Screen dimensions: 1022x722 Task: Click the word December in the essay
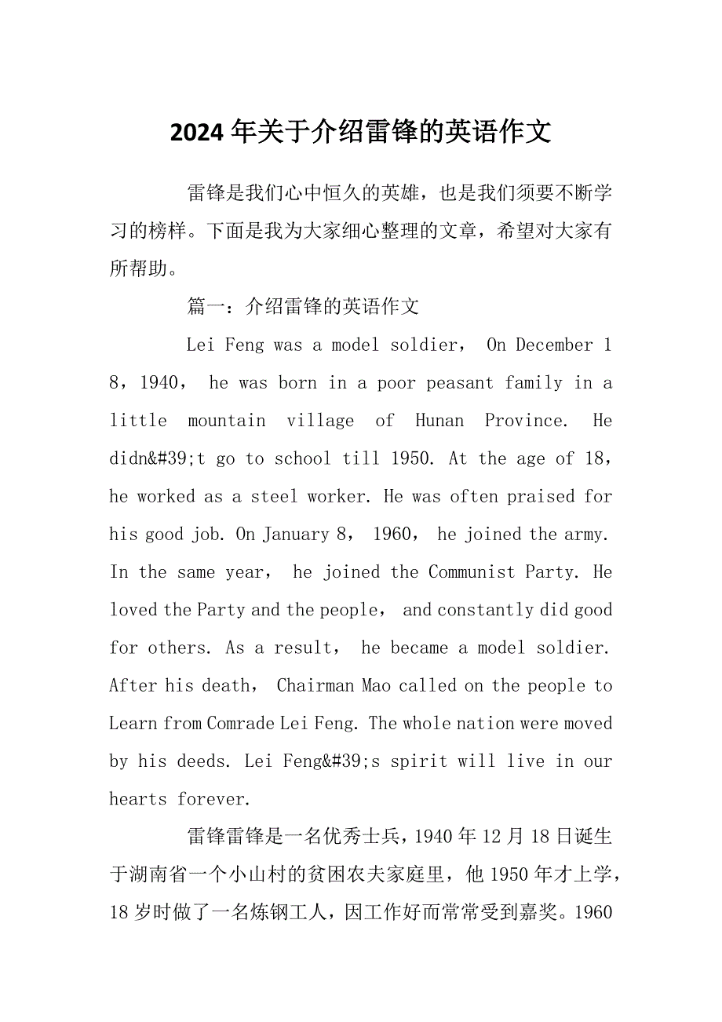pyautogui.click(x=554, y=345)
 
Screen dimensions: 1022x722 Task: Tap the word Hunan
pyautogui.click(x=439, y=420)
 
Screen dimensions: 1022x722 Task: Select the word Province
pyautogui.click(x=524, y=420)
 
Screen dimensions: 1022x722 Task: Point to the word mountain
pyautogui.click(x=226, y=420)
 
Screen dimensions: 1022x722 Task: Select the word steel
pyautogui.click(x=274, y=496)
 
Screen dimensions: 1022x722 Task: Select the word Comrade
pyautogui.click(x=241, y=723)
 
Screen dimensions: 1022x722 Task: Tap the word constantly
pyautogui.click(x=491, y=610)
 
